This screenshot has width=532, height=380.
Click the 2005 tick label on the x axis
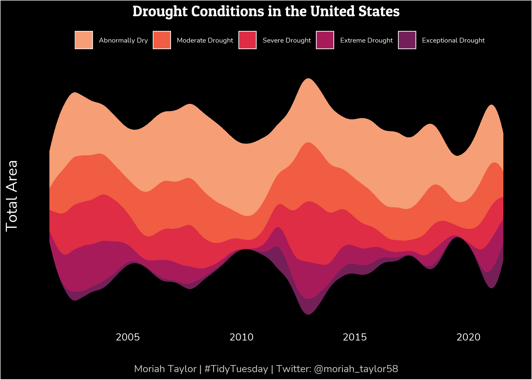(x=128, y=337)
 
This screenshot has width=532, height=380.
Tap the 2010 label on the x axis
(x=241, y=337)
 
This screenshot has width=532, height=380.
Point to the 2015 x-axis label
(x=355, y=337)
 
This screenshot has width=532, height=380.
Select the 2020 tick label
(x=468, y=337)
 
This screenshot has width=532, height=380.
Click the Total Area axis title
(x=12, y=196)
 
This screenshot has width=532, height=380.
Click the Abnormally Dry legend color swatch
(x=84, y=40)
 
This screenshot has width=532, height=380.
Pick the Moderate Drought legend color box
(x=162, y=40)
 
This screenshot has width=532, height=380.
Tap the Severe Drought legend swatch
(x=248, y=40)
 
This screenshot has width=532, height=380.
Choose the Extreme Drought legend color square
(x=325, y=40)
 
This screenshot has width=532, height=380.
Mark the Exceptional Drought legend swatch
(x=407, y=40)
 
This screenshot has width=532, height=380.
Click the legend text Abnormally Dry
(x=123, y=40)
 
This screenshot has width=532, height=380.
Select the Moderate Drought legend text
(x=205, y=40)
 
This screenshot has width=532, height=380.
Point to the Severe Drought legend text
(x=287, y=40)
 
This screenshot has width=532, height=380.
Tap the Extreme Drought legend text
(x=366, y=40)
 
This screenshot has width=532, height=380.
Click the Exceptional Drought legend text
(x=453, y=40)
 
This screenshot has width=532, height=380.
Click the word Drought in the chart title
(x=160, y=12)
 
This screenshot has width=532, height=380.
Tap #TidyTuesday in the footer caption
(x=236, y=369)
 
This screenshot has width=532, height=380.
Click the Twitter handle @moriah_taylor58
(x=356, y=369)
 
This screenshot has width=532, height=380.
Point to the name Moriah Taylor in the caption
(x=165, y=369)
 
